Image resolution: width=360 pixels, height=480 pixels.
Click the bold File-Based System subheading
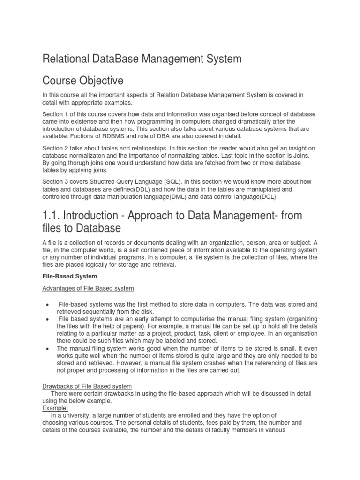coord(69,276)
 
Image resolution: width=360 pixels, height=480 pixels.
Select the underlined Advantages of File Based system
coord(88,288)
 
